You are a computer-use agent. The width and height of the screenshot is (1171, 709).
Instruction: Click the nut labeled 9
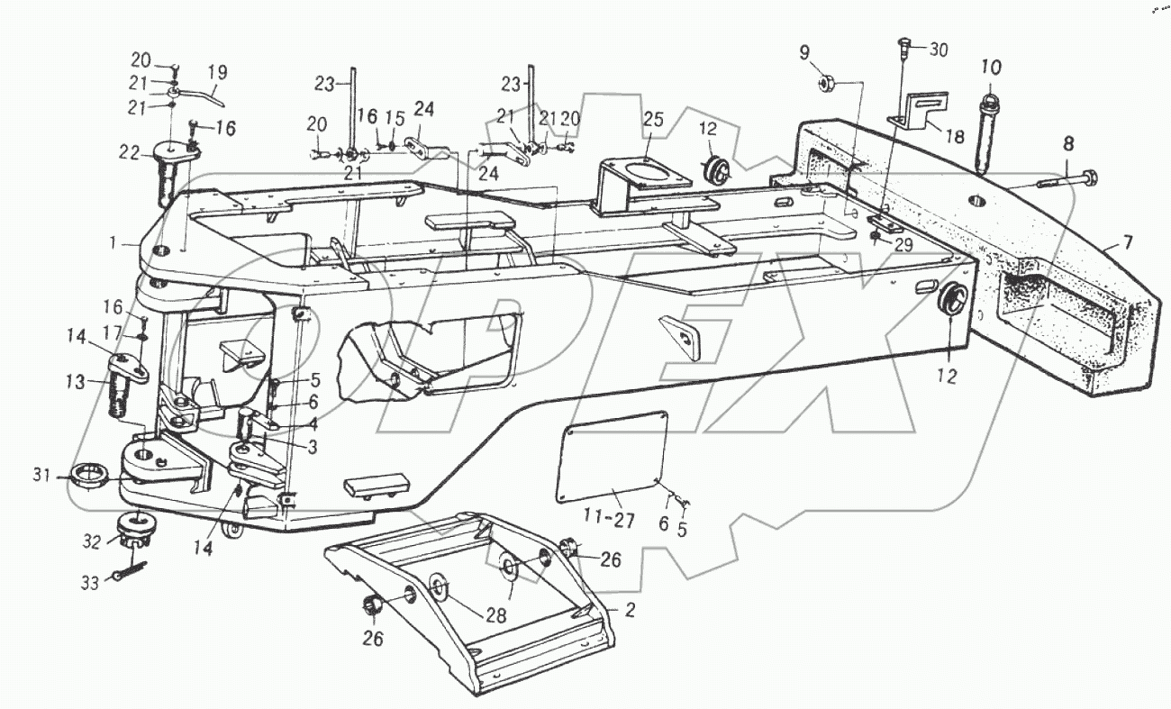828,85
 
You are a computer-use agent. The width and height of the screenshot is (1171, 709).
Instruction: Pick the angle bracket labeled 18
917,114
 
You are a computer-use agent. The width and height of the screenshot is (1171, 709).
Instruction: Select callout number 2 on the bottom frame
630,610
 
